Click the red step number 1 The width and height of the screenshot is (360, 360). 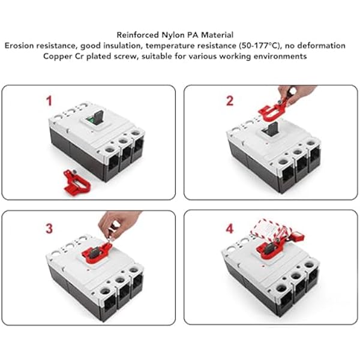[x=49, y=101]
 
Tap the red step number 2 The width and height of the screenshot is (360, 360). [x=230, y=101]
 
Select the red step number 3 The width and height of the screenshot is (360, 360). [x=49, y=229]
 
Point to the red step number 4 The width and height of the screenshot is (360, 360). [x=230, y=229]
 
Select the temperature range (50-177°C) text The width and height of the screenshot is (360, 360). [x=260, y=46]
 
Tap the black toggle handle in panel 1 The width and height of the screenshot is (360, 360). [x=98, y=117]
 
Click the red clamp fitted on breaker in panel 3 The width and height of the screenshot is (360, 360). [x=96, y=253]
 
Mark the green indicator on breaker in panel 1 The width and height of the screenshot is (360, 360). [x=90, y=120]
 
